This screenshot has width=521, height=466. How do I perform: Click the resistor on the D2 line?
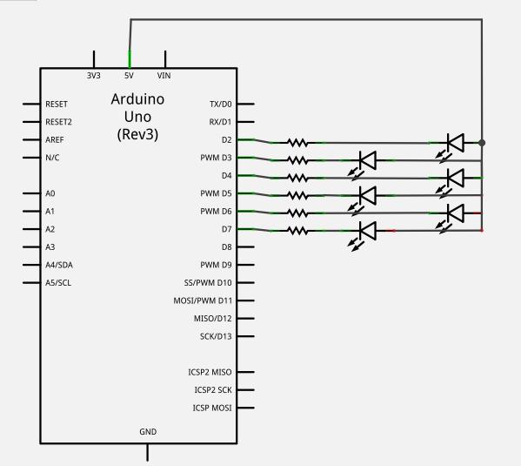tap(297, 143)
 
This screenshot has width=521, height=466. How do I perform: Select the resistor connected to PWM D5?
tap(297, 196)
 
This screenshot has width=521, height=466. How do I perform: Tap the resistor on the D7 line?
tap(297, 231)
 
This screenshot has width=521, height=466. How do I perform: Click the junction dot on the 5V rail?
tap(482, 143)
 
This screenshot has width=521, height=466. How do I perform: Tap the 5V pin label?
tap(129, 76)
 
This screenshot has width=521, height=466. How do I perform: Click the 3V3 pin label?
tap(94, 76)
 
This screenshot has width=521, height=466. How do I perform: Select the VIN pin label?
tap(164, 76)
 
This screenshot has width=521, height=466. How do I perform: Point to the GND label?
tap(148, 432)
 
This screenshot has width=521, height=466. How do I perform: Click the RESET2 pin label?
tap(58, 122)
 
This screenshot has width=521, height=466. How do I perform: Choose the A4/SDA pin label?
tap(59, 265)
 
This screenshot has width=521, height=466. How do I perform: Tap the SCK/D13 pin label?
tap(216, 336)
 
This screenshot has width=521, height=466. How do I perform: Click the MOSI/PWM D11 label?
tap(203, 301)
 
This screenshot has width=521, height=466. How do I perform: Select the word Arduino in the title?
tap(137, 98)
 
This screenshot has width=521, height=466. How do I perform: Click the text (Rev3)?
tap(137, 134)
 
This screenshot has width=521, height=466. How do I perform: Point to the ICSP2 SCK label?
tap(213, 389)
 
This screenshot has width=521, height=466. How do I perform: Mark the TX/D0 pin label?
tap(221, 105)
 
